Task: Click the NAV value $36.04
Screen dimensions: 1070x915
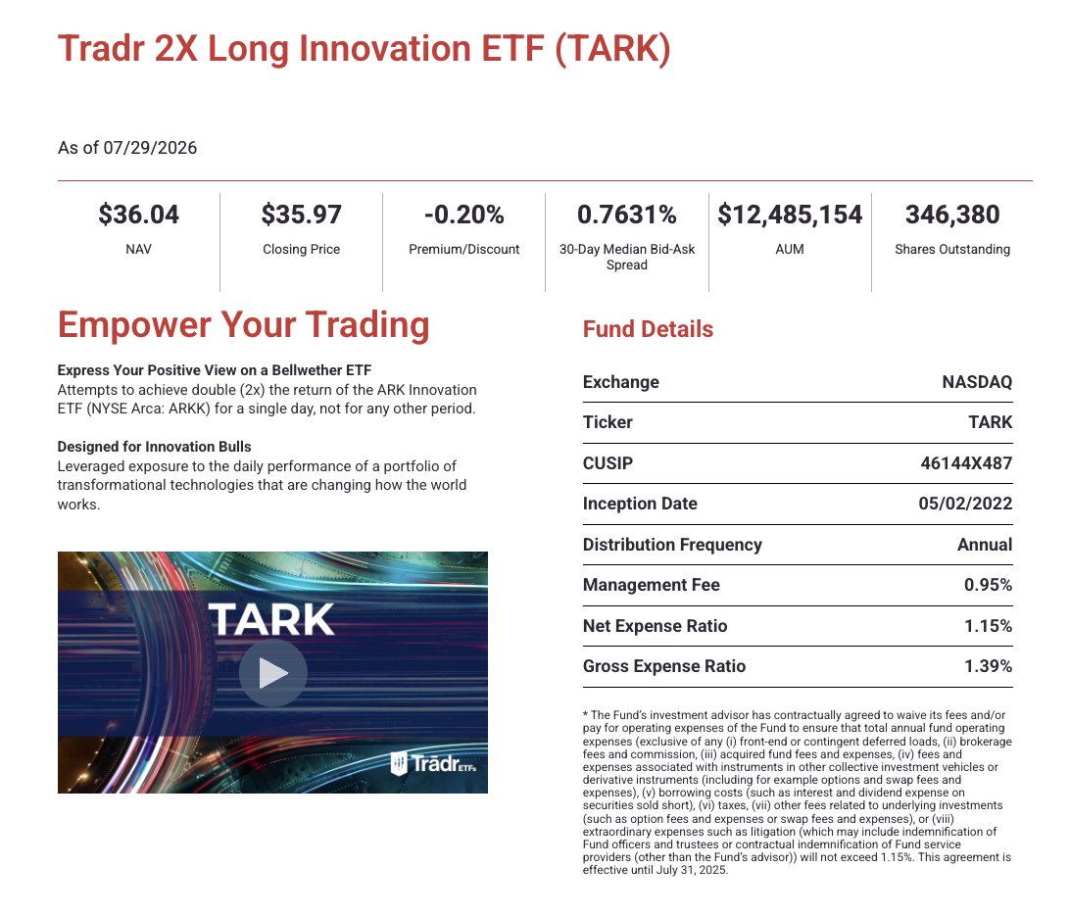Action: [138, 215]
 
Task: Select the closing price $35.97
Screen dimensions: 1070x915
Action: [301, 215]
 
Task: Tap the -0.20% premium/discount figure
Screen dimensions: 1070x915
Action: [464, 215]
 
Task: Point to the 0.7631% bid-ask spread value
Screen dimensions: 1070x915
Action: [626, 215]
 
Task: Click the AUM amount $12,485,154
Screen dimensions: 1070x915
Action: [790, 215]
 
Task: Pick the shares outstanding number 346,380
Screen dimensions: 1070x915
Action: [952, 215]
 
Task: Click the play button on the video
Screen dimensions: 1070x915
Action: [273, 673]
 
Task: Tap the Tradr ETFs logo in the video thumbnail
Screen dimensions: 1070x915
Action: [433, 763]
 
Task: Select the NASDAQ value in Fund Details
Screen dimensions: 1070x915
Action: [977, 382]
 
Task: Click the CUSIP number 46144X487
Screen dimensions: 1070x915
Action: [966, 463]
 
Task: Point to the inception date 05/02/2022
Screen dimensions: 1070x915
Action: [965, 504]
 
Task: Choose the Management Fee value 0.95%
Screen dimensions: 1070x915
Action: [988, 585]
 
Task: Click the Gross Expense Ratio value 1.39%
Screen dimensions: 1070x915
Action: [988, 666]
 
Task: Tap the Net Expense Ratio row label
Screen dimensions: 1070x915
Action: [656, 626]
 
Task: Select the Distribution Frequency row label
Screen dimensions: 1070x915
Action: [672, 545]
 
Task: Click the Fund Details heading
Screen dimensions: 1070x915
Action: [648, 329]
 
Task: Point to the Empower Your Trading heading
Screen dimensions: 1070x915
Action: [244, 325]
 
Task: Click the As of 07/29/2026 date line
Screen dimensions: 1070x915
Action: [127, 148]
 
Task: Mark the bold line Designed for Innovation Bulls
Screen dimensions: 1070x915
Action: [154, 447]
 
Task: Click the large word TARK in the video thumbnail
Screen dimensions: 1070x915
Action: [271, 619]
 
